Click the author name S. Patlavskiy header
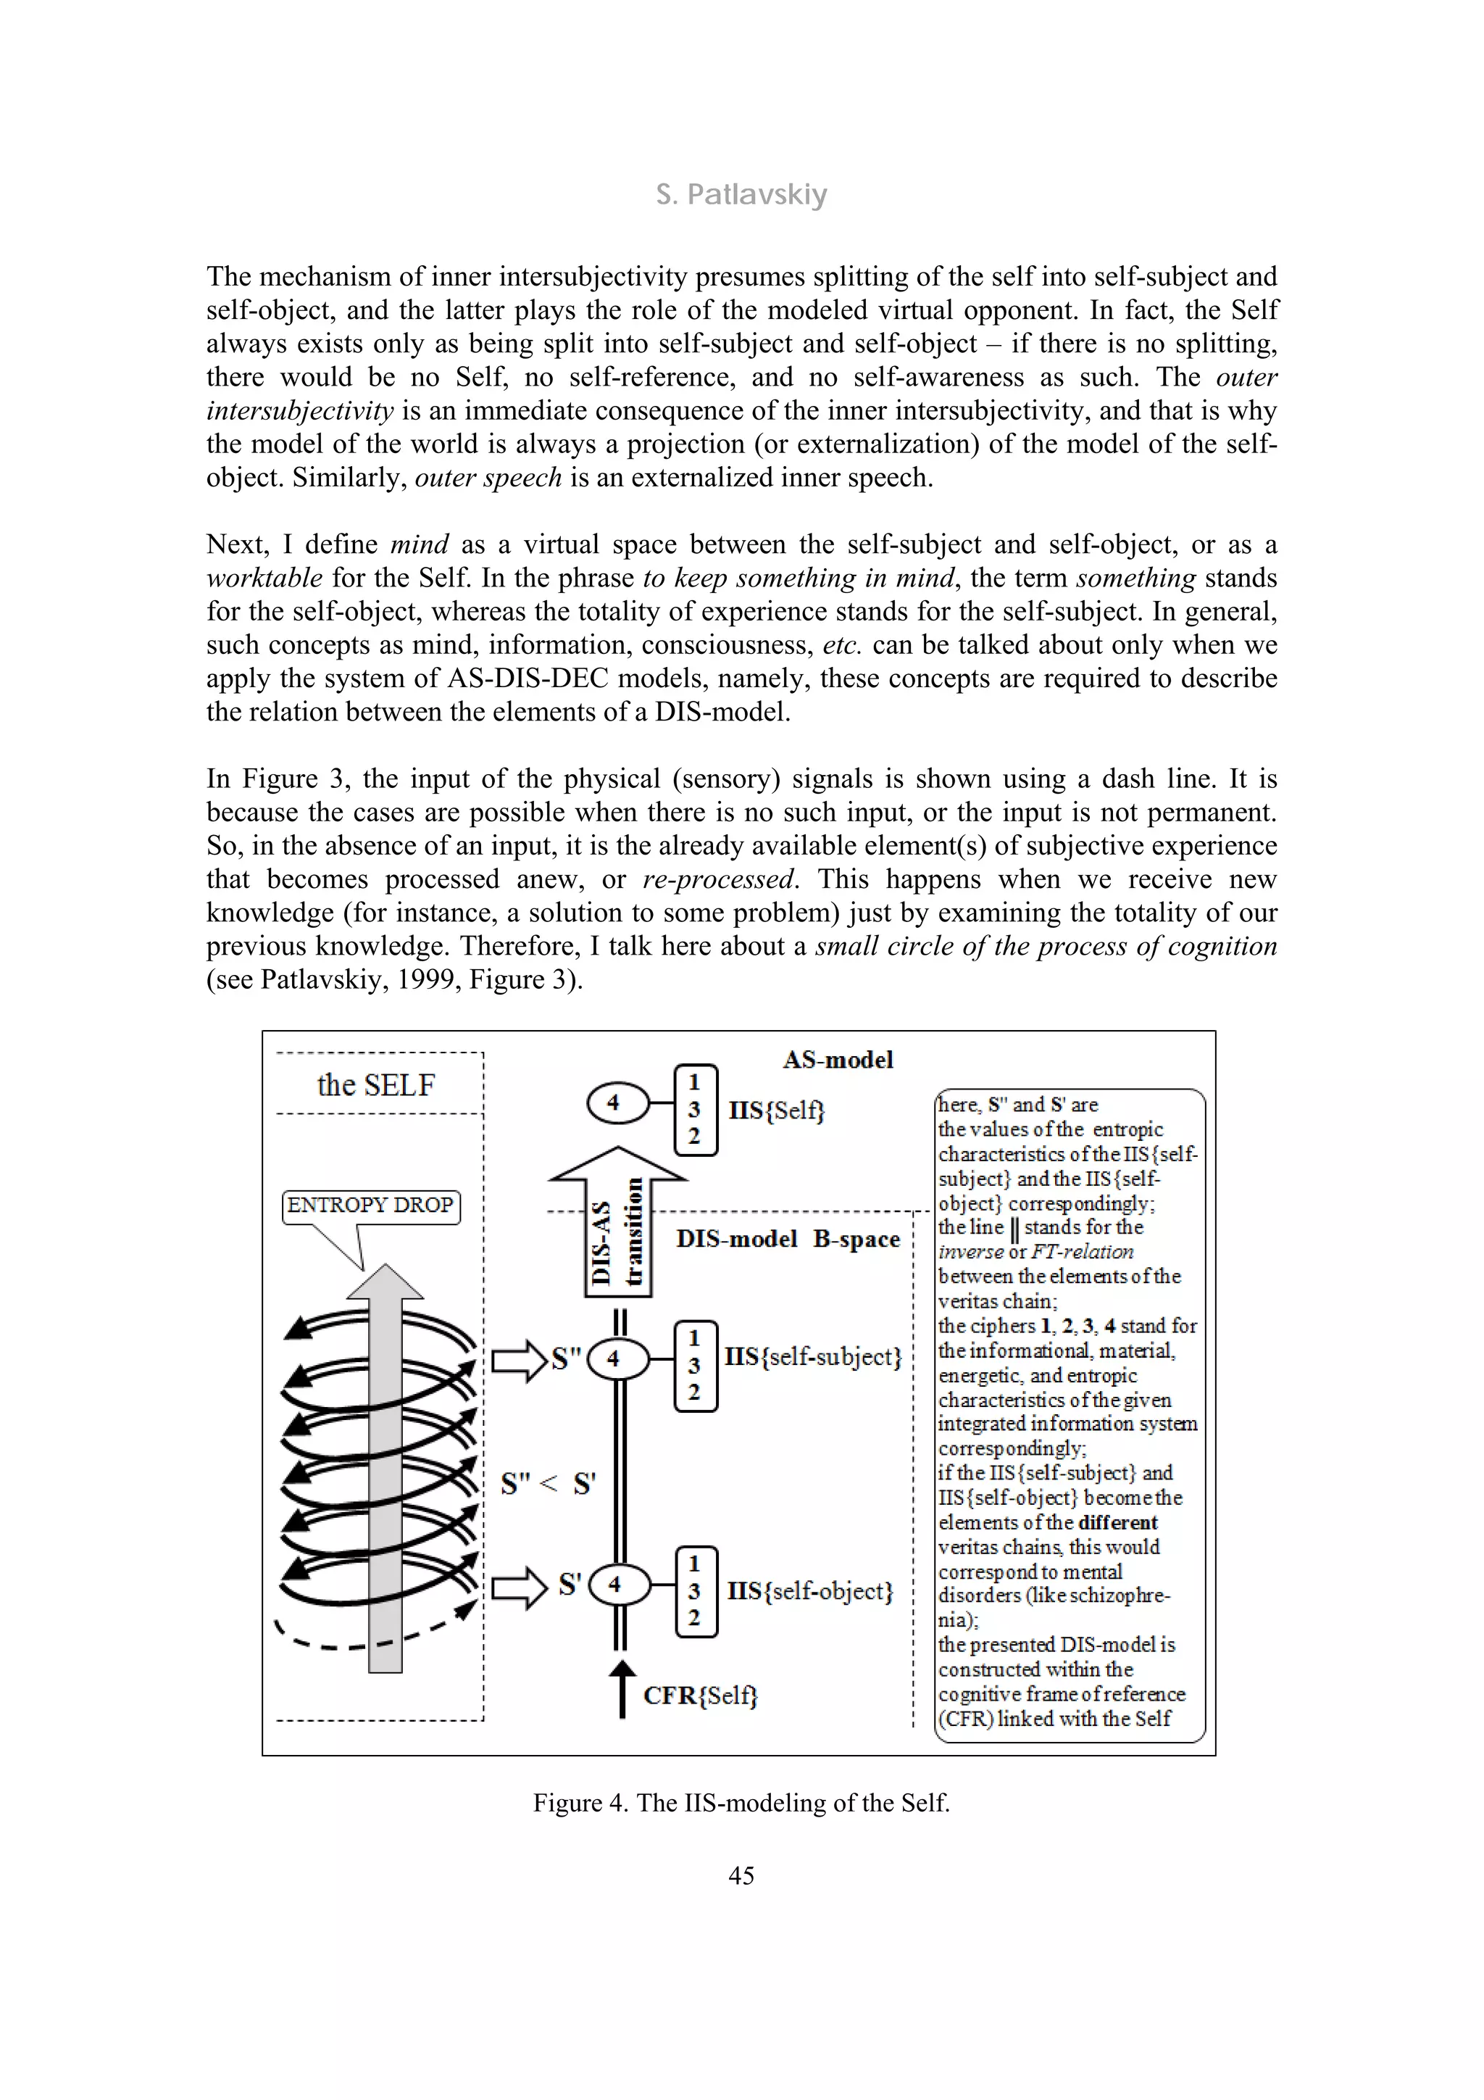coord(741,195)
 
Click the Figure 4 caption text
coord(741,1802)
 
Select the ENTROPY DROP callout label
coord(370,1205)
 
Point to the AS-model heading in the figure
coord(838,1059)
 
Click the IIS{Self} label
coord(776,1111)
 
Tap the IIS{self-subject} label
coord(813,1356)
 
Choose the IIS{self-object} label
coord(809,1590)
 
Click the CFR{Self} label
coord(701,1696)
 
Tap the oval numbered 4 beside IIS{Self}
coord(614,1103)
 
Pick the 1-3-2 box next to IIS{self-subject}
coord(695,1366)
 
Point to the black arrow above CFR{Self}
coord(622,1688)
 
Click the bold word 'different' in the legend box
coord(1117,1522)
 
